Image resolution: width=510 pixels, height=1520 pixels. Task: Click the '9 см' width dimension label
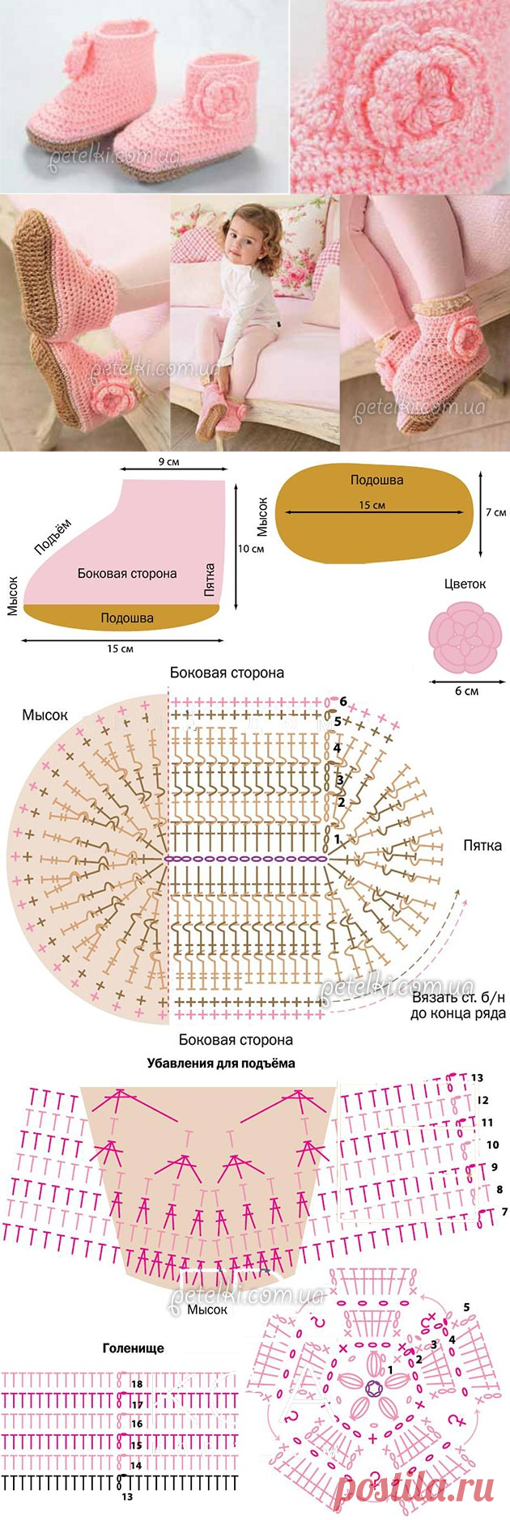169,461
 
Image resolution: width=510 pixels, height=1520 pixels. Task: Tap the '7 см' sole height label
495,512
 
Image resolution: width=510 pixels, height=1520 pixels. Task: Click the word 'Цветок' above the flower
465,584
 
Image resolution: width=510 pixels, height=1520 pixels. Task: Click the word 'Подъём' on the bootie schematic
53,536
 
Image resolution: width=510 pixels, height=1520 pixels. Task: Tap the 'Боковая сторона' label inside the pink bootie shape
127,573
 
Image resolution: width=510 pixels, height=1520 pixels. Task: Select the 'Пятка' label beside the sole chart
482,846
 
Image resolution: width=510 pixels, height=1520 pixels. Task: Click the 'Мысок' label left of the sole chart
45,715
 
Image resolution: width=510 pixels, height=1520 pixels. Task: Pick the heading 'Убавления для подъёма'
221,1063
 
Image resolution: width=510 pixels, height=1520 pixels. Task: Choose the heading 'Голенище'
133,1348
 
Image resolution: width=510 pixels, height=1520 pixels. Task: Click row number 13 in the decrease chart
476,1077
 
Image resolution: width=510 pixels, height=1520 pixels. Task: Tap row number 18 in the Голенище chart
137,1384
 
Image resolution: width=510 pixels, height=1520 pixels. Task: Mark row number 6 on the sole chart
343,701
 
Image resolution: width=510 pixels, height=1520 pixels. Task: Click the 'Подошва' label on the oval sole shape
376,480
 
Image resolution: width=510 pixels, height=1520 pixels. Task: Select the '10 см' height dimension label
251,548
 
